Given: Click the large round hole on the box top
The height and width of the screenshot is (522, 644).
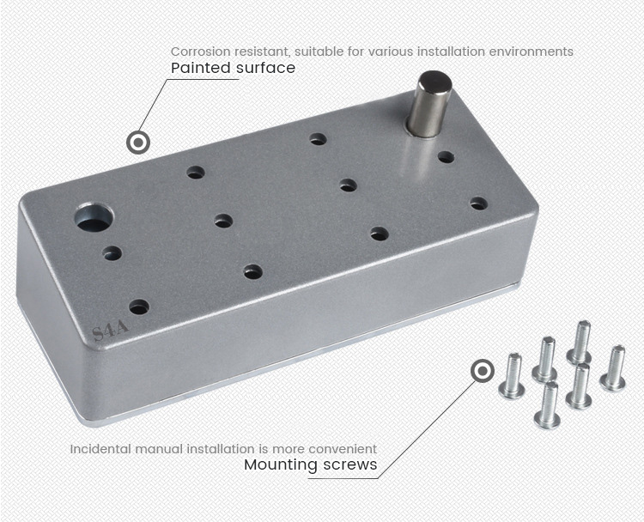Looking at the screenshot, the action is [94, 218].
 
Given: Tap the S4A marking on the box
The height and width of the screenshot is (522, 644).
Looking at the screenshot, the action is [110, 331].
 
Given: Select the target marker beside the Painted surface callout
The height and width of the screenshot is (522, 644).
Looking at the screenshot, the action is [138, 143].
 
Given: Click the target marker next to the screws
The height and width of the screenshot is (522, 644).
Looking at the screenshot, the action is [483, 371].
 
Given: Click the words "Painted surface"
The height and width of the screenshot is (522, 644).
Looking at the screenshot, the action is [233, 68].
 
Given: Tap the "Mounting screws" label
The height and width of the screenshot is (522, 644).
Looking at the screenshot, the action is [311, 465].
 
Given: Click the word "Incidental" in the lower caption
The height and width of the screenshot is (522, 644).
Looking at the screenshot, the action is [100, 449].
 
